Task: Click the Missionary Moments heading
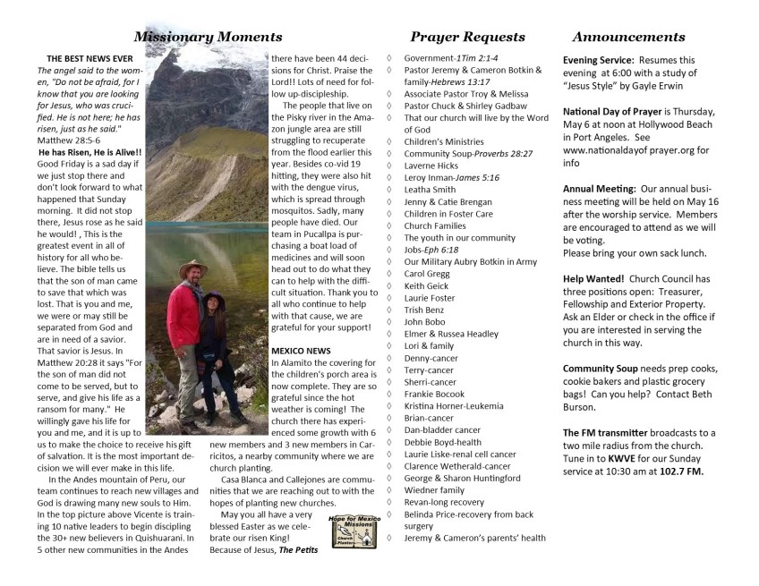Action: coord(208,38)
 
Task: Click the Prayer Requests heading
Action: coord(467,38)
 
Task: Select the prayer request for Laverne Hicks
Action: coord(431,166)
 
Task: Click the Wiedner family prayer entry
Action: coord(434,489)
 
